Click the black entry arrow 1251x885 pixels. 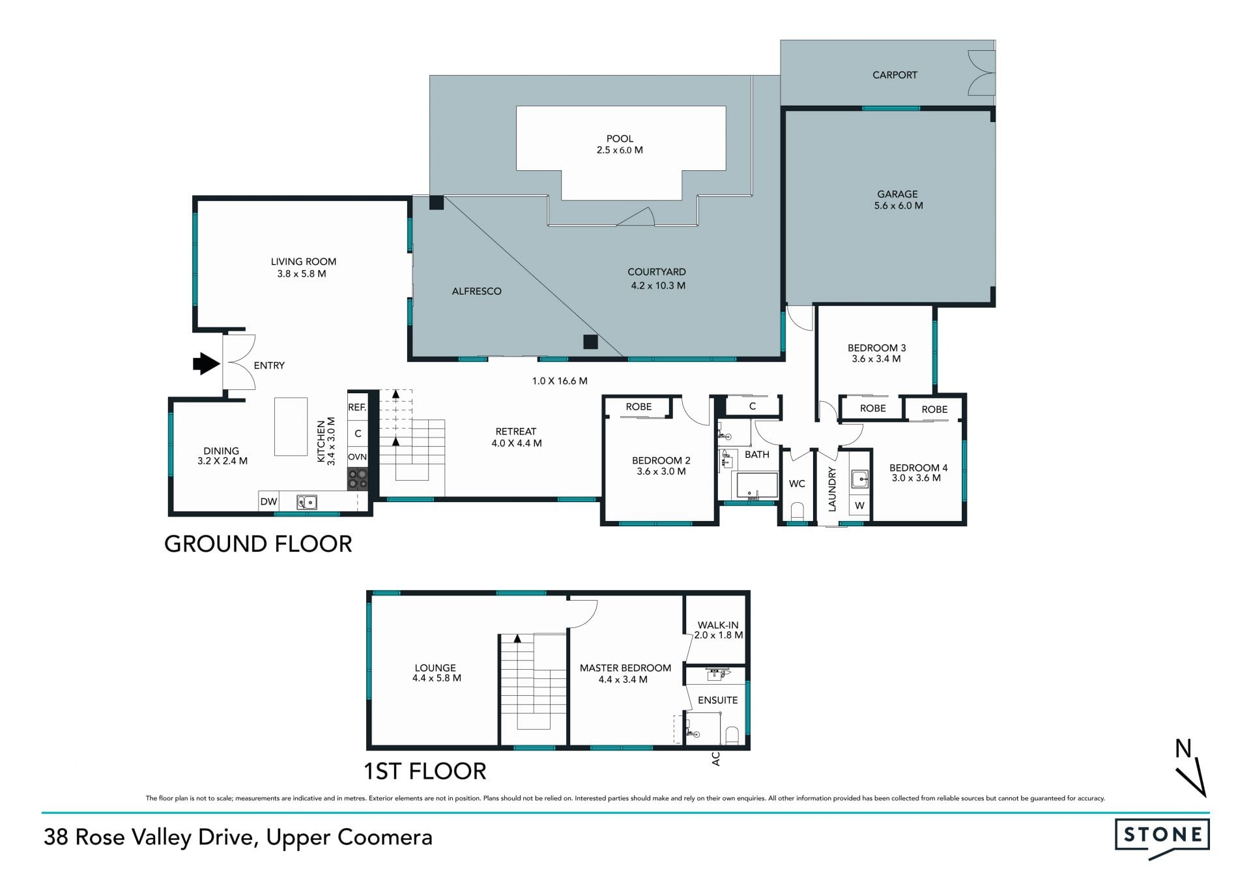[x=207, y=364]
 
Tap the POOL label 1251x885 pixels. [x=620, y=138]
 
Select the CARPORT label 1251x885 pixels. [x=895, y=75]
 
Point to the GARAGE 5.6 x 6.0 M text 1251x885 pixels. [x=898, y=200]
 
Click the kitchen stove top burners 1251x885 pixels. [x=357, y=479]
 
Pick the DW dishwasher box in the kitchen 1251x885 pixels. [x=268, y=502]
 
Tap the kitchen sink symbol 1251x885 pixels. [x=307, y=502]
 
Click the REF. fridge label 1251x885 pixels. [x=357, y=407]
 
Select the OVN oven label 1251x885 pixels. [x=357, y=457]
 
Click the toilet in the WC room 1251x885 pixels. [x=797, y=511]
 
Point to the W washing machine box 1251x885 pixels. [x=859, y=505]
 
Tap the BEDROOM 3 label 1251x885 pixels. [x=876, y=348]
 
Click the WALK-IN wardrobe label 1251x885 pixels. [x=718, y=625]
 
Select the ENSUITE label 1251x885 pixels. [x=717, y=700]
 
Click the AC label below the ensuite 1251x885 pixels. [x=716, y=758]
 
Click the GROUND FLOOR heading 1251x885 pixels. [x=258, y=543]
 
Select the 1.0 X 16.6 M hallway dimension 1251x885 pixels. [x=560, y=381]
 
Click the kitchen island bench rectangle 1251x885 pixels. [x=291, y=427]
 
